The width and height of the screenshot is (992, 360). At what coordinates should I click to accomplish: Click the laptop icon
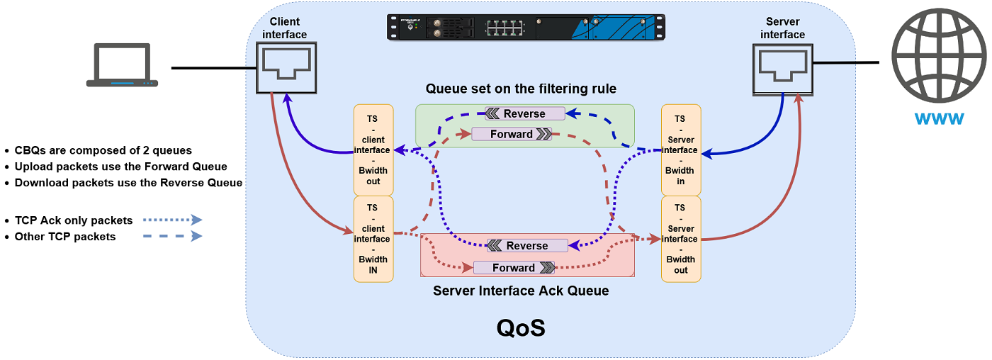(x=122, y=65)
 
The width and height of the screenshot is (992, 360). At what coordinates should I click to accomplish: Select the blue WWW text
(x=938, y=118)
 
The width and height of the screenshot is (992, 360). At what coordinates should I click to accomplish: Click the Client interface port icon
(x=286, y=67)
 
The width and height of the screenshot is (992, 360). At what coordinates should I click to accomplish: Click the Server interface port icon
(x=782, y=67)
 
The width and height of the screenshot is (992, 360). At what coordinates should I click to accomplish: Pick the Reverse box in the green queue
(x=524, y=113)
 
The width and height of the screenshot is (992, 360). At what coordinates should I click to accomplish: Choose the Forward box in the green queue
(x=512, y=134)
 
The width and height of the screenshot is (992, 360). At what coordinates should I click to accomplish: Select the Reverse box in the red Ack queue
(x=527, y=245)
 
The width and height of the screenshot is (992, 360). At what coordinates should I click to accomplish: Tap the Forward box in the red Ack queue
(x=514, y=267)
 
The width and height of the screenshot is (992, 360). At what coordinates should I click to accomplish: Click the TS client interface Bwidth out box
(x=373, y=150)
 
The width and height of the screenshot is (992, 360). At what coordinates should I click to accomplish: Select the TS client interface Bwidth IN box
(x=373, y=239)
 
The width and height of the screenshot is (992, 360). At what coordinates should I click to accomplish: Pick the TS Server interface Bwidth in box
(x=680, y=150)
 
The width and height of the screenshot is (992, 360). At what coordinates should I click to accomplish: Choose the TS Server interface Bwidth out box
(x=680, y=239)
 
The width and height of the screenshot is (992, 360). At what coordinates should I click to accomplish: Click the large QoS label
(x=521, y=327)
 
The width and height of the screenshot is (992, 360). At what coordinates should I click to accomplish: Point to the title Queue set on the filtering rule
(x=521, y=89)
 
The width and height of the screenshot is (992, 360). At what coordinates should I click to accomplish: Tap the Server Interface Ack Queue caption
(x=521, y=291)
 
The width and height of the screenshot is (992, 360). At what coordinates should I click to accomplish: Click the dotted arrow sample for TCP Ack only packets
(x=172, y=220)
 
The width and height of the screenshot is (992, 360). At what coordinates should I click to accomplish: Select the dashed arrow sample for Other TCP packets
(x=172, y=236)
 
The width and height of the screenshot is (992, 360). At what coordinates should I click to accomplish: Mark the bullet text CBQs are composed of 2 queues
(x=103, y=150)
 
